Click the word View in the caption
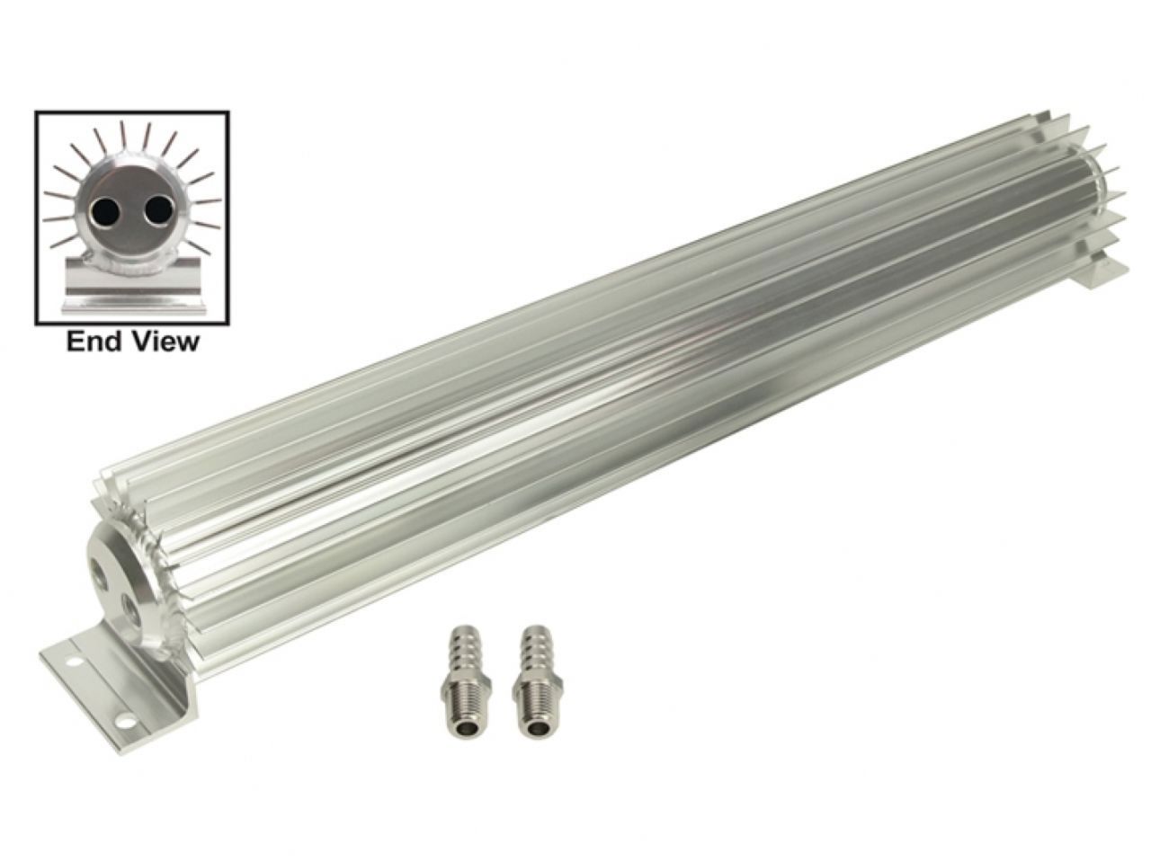point(165,342)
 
